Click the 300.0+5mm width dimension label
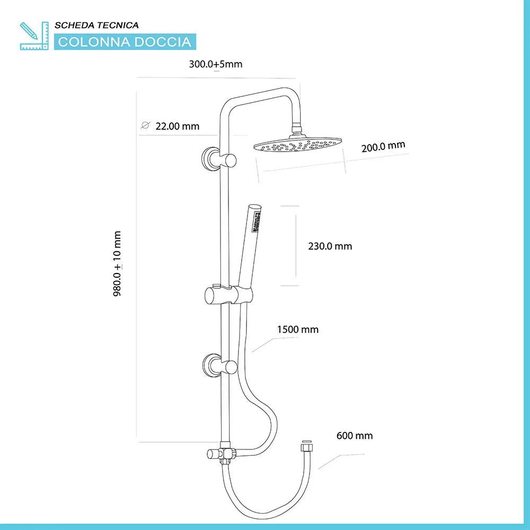point(215,64)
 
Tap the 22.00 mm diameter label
point(177,126)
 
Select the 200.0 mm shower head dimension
point(383,147)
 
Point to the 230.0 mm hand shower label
point(330,246)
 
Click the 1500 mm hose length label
point(298,330)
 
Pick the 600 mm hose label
point(355,436)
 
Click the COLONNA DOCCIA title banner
point(125,42)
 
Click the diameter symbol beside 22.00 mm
point(145,126)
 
